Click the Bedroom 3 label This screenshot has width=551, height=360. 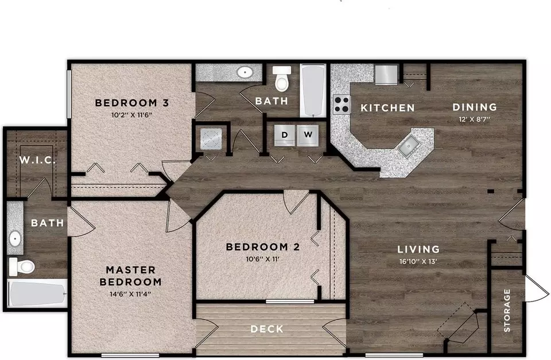tap(132, 103)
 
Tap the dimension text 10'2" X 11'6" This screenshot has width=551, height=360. tap(131, 115)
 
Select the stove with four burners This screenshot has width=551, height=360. tap(342, 104)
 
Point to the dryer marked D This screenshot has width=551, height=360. tap(284, 135)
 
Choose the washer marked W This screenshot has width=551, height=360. tap(308, 135)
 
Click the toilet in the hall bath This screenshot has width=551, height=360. tap(282, 78)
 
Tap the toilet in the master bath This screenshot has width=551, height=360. tap(21, 266)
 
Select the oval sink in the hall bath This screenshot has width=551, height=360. tap(245, 72)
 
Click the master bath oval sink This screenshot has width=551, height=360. tap(15, 239)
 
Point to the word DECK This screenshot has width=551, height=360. tap(267, 329)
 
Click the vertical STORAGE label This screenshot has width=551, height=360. tap(507, 311)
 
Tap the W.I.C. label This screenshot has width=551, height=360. tap(37, 160)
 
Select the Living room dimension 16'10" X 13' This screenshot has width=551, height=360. tap(418, 262)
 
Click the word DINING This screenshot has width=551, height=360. tap(475, 107)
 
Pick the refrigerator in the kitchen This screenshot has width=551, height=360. tap(386, 75)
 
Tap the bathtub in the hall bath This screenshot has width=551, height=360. tap(313, 91)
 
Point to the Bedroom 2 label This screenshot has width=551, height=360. tap(263, 247)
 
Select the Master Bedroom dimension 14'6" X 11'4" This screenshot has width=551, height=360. tap(130, 294)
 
